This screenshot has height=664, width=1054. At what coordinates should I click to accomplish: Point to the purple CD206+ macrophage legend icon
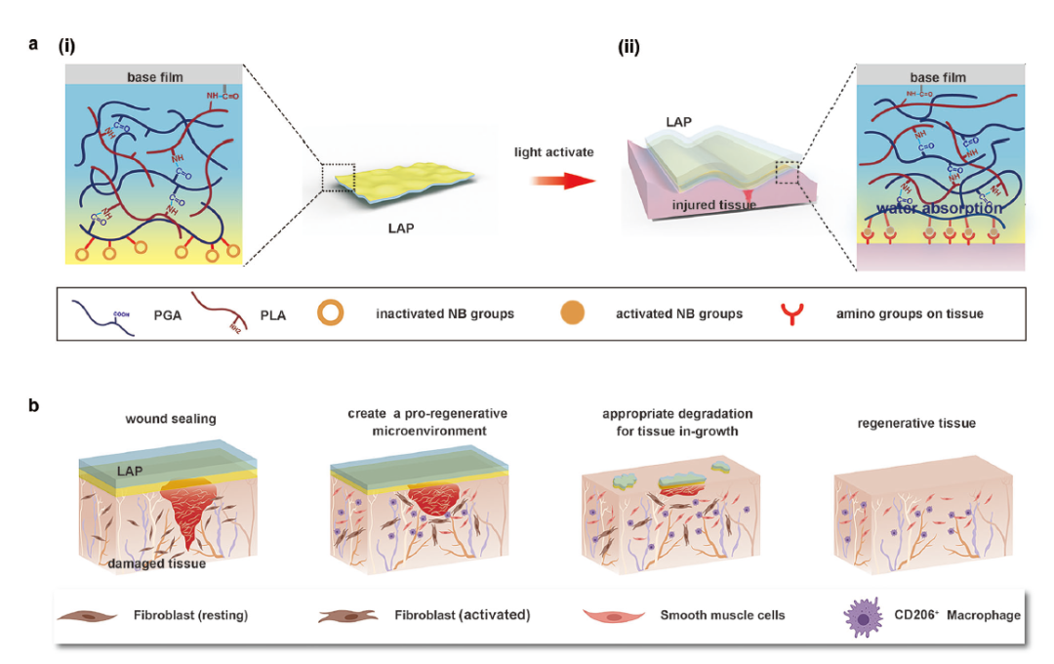[865, 615]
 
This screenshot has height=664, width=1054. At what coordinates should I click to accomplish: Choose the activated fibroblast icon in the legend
[345, 616]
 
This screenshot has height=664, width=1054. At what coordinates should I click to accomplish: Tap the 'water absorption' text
[938, 208]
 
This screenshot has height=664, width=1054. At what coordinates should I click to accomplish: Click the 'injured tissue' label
[714, 205]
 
